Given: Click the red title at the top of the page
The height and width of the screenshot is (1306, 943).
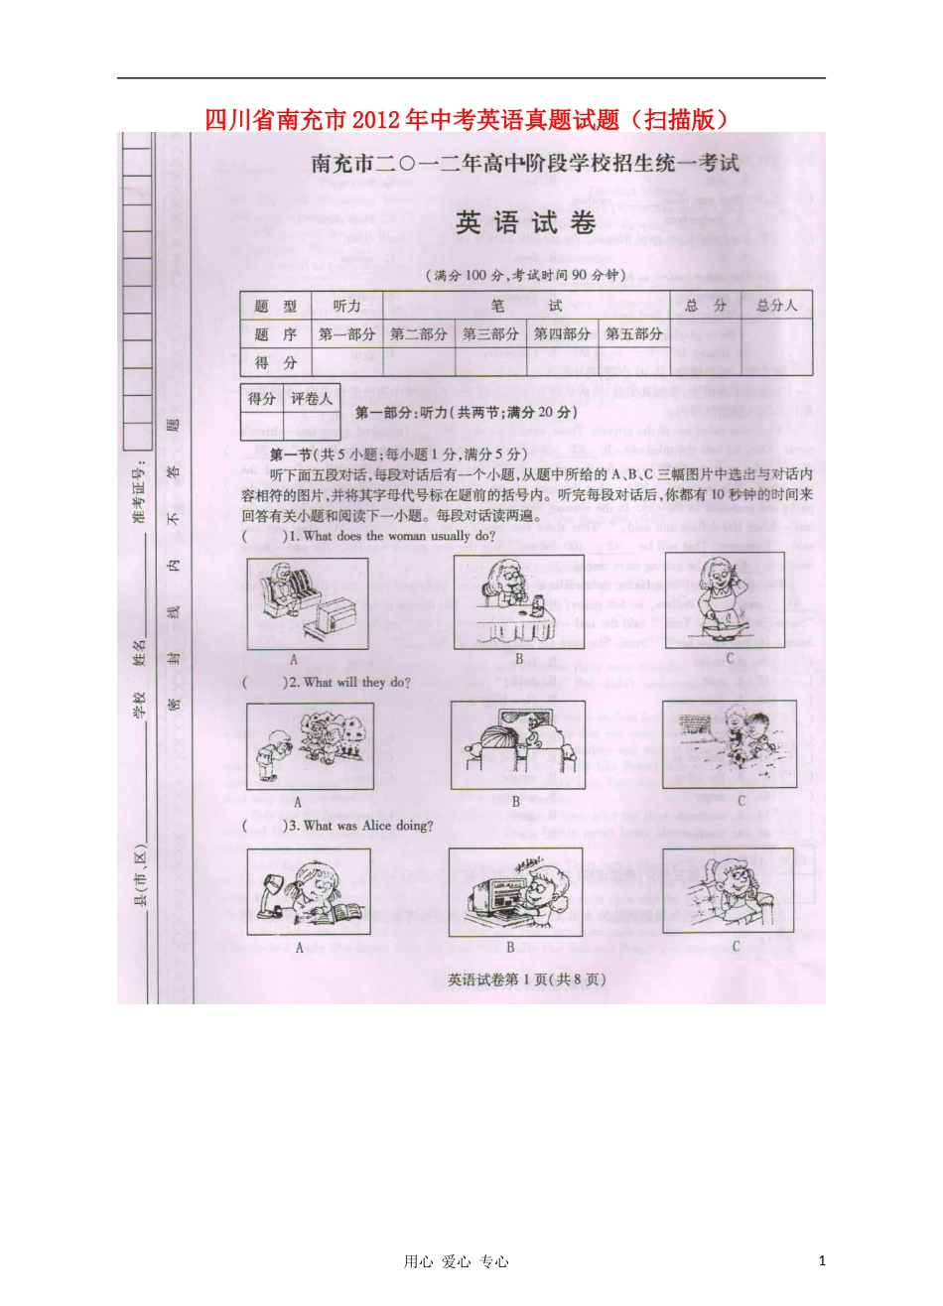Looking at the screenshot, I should click(471, 119).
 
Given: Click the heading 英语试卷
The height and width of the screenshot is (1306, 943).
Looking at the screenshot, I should click(525, 223).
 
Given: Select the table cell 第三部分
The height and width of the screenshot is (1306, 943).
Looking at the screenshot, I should click(490, 334).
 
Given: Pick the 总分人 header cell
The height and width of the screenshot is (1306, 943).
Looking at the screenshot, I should click(776, 306).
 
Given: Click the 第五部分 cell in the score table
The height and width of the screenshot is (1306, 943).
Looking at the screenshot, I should click(633, 334).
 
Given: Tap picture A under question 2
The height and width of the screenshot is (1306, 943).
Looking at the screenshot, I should click(310, 745).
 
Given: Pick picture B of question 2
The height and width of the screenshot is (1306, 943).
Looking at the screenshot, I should click(517, 745).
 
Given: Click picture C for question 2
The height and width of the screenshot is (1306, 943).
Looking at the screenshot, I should click(730, 744).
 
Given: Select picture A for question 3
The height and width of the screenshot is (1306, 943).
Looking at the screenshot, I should click(309, 890).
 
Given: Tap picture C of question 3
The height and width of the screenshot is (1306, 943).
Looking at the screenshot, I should click(729, 890).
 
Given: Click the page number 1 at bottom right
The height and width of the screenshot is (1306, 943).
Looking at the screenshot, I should click(823, 1260).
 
